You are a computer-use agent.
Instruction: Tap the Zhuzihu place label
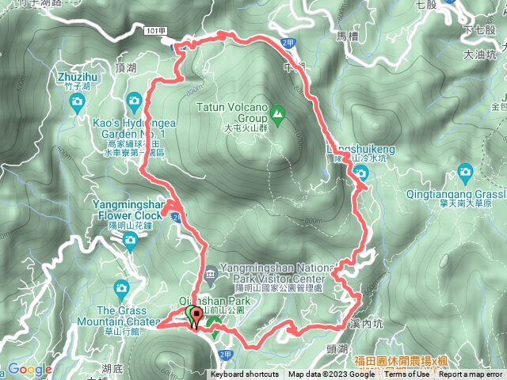coord(78,77)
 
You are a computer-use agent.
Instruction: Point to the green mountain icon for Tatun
coord(277,112)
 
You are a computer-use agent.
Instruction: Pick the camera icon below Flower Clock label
coord(130,237)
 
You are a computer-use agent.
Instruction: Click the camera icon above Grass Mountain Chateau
coord(120,287)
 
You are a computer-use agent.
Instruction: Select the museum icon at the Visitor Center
coord(208,278)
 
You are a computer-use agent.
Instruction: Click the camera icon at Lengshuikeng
coord(360,186)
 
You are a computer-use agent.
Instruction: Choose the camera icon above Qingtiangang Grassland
coord(465,170)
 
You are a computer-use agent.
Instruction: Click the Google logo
coord(29,369)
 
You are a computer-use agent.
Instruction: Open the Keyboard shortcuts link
coord(245,374)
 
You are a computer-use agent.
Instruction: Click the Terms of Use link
coord(406,374)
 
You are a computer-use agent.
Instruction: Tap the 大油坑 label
coord(480,55)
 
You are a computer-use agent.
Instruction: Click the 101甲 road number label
coord(157,30)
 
